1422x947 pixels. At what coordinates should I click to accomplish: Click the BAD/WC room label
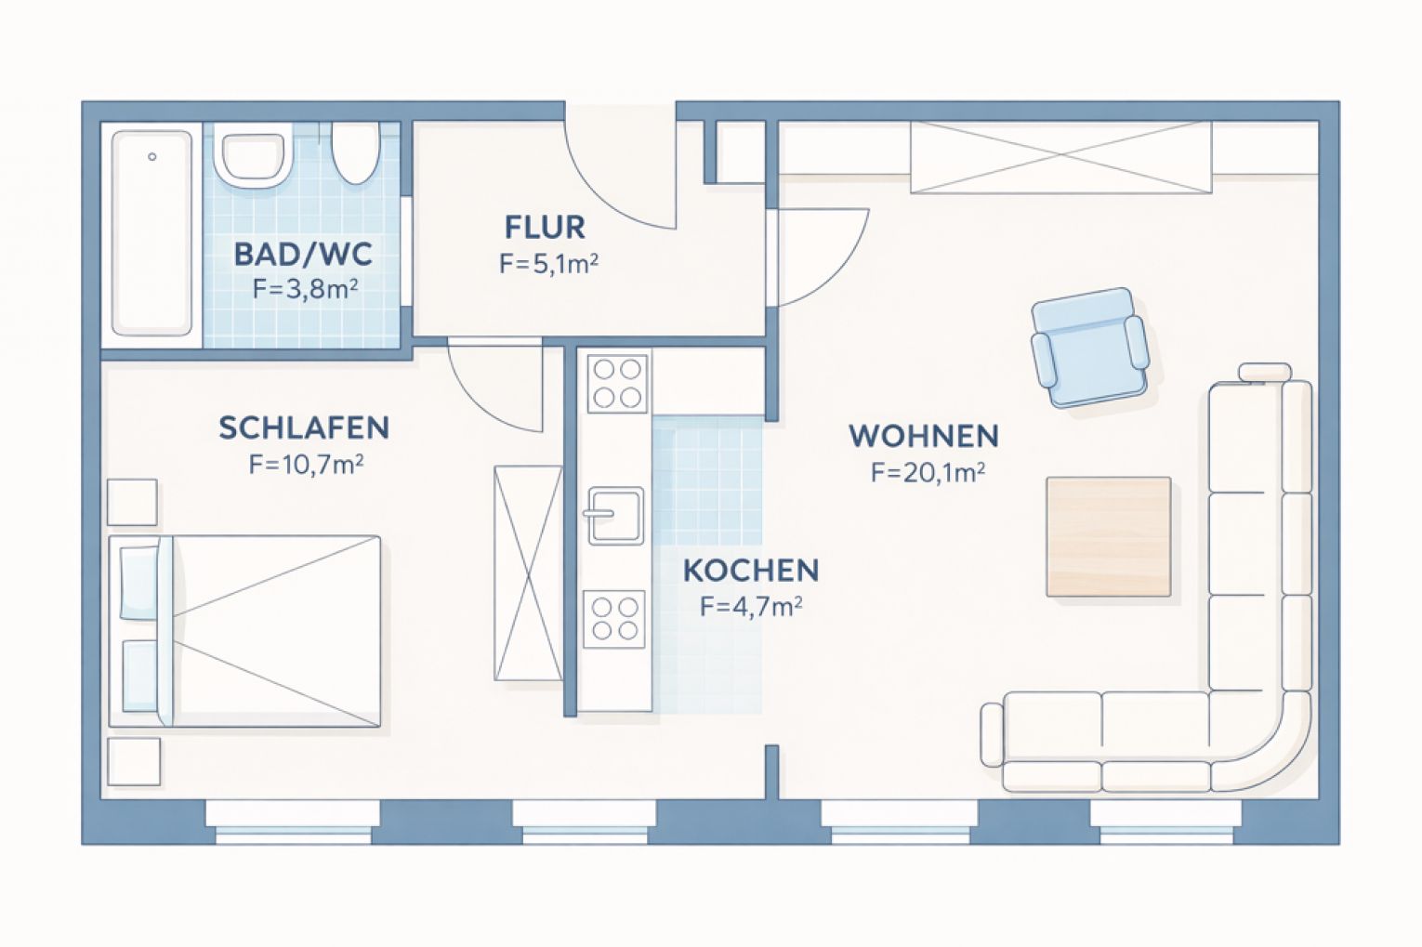[303, 253]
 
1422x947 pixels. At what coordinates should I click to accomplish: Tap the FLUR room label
[545, 227]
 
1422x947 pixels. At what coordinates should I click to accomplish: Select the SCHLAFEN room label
[304, 427]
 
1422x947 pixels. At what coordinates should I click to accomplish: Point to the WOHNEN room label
[924, 435]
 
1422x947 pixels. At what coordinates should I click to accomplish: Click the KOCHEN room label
[751, 570]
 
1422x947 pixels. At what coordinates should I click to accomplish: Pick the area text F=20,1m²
[928, 472]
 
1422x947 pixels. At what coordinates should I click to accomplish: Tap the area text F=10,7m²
[306, 464]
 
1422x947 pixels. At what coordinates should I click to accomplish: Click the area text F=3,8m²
[306, 289]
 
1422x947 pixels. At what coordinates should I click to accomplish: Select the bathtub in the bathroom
[151, 232]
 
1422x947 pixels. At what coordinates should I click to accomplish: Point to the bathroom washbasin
[250, 157]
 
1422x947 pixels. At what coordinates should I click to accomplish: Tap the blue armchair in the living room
[1088, 347]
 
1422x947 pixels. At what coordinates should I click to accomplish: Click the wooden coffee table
[1108, 536]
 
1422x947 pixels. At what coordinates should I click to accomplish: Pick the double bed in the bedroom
[245, 630]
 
